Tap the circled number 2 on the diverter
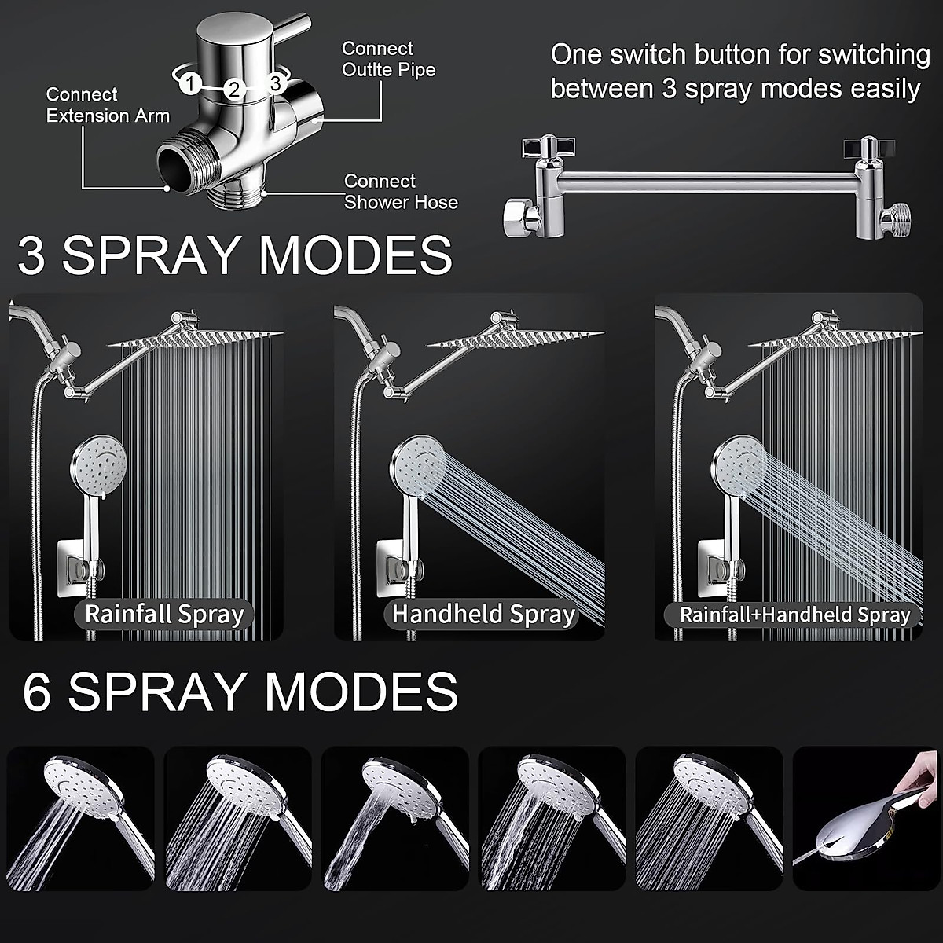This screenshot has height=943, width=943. coord(233,88)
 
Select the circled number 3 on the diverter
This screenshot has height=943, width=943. coord(275,82)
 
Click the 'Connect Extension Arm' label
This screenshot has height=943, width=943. coord(108,105)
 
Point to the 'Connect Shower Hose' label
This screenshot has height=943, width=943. coord(401,192)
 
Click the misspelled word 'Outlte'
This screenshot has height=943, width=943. coord(369,70)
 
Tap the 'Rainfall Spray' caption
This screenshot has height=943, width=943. coord(164,614)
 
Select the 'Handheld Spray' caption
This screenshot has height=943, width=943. coord(483,614)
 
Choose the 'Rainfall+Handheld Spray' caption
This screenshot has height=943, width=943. coord(794,615)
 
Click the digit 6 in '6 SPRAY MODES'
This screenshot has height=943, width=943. coord(36,692)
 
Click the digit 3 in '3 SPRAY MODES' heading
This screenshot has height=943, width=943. coord(31,255)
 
